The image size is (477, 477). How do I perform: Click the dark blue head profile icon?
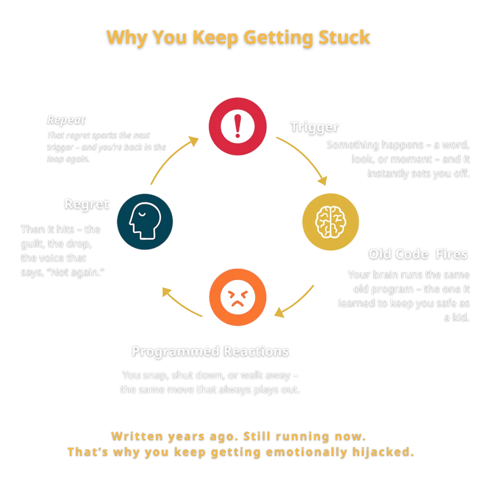coord(145,221)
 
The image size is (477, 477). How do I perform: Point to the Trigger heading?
coord(314,127)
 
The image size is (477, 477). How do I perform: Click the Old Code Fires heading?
coord(418,254)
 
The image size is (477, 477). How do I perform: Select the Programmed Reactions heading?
coord(210,351)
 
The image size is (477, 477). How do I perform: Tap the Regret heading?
coord(87,204)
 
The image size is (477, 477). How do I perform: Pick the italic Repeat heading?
coord(66,120)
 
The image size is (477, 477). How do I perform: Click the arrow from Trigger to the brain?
coord(304,159)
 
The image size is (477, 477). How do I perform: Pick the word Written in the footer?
coord(137,436)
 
